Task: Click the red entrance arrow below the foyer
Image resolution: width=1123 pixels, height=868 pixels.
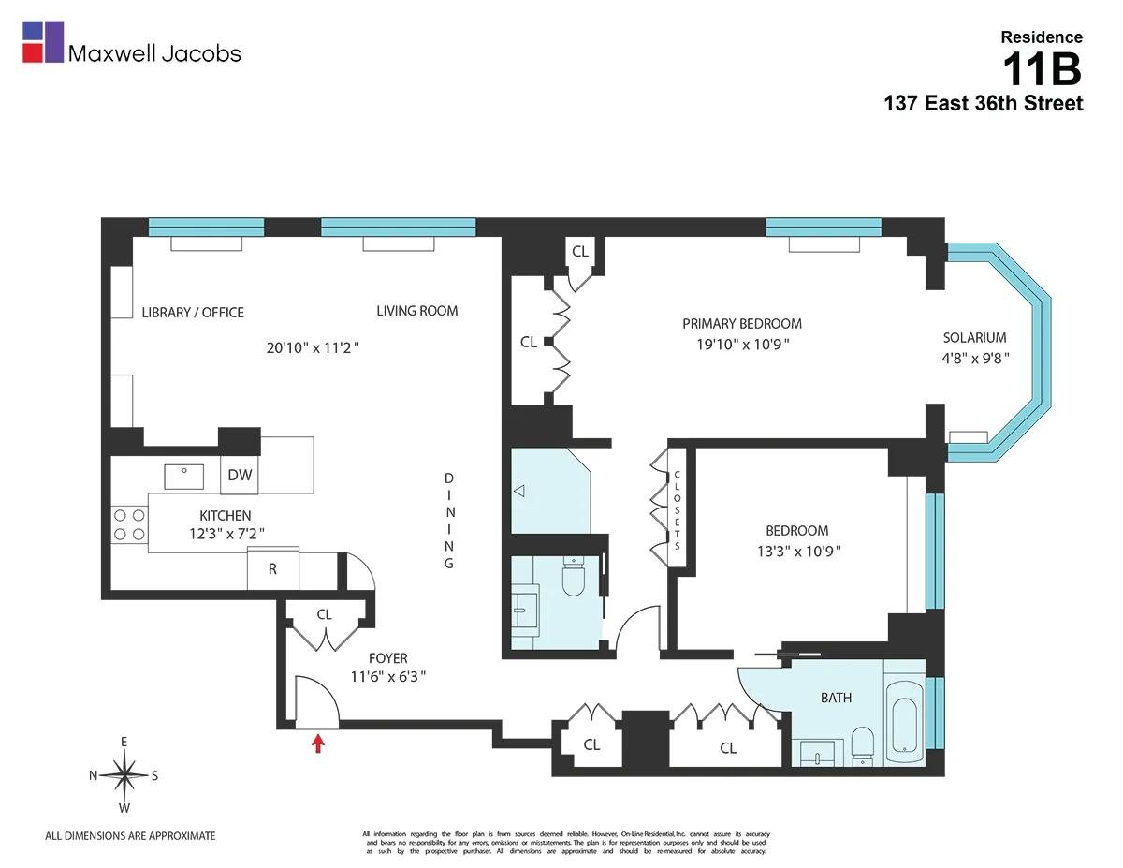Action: pyautogui.click(x=318, y=743)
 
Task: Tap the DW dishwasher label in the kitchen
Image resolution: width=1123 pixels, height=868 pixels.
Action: pyautogui.click(x=241, y=475)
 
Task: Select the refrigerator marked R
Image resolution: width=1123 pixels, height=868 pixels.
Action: pyautogui.click(x=272, y=568)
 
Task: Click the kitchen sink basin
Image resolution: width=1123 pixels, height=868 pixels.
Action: pyautogui.click(x=185, y=476)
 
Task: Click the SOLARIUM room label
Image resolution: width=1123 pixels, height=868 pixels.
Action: pyautogui.click(x=974, y=338)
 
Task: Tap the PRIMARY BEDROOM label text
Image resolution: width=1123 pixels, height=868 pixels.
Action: pyautogui.click(x=741, y=324)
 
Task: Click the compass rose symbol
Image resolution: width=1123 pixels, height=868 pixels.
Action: pyautogui.click(x=124, y=774)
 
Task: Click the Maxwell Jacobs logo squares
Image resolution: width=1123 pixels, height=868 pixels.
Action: pyautogui.click(x=43, y=42)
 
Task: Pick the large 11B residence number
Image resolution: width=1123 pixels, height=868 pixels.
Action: pyautogui.click(x=1042, y=69)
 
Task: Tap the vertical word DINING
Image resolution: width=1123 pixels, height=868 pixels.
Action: pyautogui.click(x=449, y=521)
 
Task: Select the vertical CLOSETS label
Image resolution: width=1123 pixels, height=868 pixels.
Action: pyautogui.click(x=677, y=509)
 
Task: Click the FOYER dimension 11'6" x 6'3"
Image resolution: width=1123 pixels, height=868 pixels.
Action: pyautogui.click(x=388, y=676)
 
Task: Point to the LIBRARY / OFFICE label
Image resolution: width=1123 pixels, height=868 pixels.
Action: pyautogui.click(x=193, y=313)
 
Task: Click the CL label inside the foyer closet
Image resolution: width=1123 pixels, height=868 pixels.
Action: pyautogui.click(x=324, y=615)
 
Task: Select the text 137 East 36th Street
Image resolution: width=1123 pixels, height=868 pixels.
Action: pyautogui.click(x=984, y=104)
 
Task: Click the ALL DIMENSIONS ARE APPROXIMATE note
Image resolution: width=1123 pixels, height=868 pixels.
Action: pyautogui.click(x=130, y=836)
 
